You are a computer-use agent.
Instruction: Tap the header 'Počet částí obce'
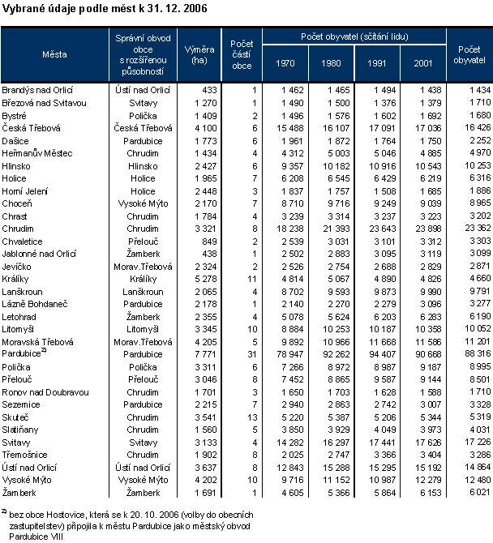point(241,54)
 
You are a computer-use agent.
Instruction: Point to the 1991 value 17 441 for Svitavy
point(382,442)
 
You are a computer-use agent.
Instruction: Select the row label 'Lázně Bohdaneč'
point(33,304)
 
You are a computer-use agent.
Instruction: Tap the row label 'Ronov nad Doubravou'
point(45,391)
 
